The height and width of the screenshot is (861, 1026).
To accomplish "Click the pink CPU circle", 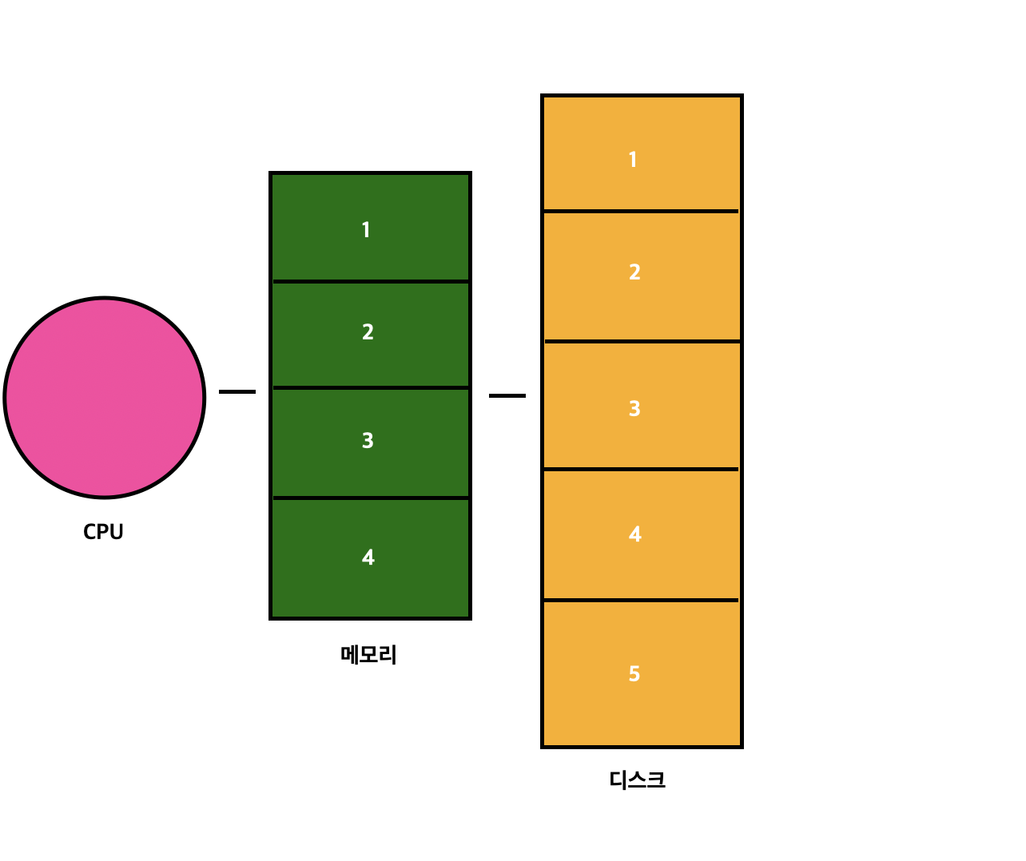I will pos(105,398).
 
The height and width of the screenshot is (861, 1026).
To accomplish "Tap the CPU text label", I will pos(103,532).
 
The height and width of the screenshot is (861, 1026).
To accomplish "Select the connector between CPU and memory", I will pos(237,391).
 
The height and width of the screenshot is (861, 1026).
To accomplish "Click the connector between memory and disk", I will pos(507,395).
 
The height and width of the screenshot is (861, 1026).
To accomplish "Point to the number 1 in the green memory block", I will pos(366,230).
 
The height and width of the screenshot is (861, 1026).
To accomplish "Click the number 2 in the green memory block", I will pos(368,332).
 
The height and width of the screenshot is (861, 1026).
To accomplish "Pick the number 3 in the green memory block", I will pos(368,441).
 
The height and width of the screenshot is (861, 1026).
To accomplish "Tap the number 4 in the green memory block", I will pos(368,557).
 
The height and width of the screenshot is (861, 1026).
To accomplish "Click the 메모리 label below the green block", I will pos(368,655).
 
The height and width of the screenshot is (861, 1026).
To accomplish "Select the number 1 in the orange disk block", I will pos(633,160).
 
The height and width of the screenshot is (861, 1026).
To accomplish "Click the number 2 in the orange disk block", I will pos(634,272).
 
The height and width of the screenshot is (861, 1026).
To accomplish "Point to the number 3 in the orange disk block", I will pos(634,409).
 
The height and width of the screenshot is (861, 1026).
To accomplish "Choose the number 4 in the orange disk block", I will pos(634,534).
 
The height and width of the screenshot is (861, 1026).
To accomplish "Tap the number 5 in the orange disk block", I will pos(634,674).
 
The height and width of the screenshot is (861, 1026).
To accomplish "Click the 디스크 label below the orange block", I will pos(637,780).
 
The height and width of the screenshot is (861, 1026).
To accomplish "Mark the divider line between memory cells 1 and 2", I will pos(371,281).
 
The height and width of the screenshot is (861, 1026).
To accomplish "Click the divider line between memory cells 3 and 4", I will pos(371,498).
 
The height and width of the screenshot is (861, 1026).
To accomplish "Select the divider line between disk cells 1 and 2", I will pos(642,211).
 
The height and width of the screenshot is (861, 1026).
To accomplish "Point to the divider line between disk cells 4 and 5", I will pos(642,600).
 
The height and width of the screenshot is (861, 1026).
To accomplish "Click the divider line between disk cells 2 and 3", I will pos(642,341).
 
